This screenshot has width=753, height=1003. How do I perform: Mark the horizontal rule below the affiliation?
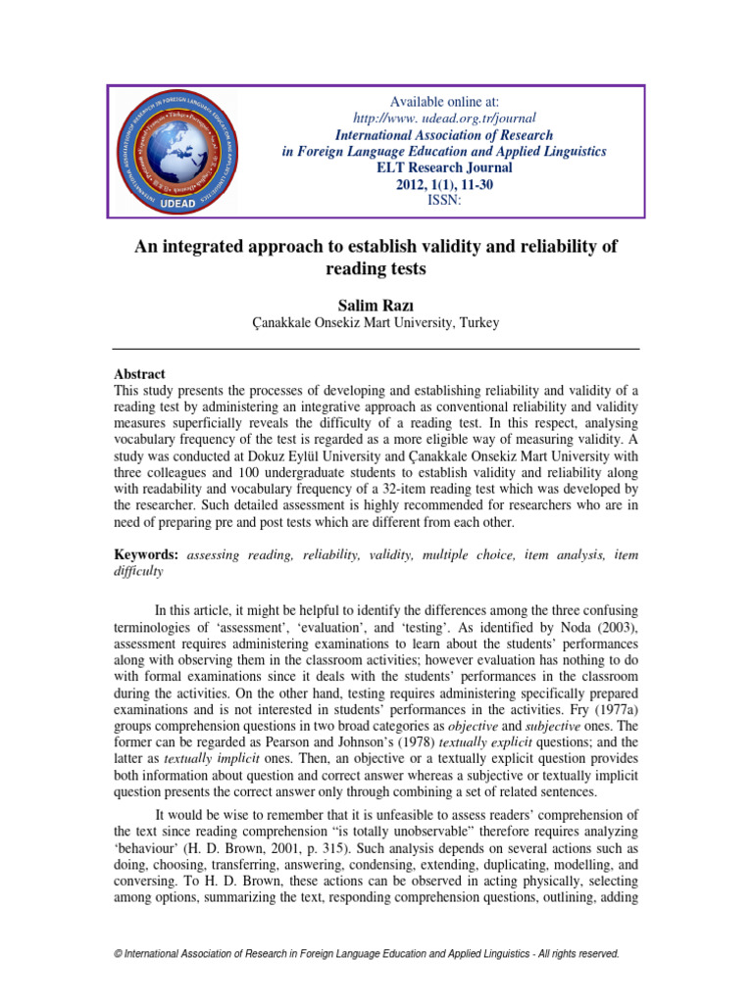[x=376, y=349]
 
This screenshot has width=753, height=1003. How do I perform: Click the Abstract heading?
[x=140, y=374]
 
